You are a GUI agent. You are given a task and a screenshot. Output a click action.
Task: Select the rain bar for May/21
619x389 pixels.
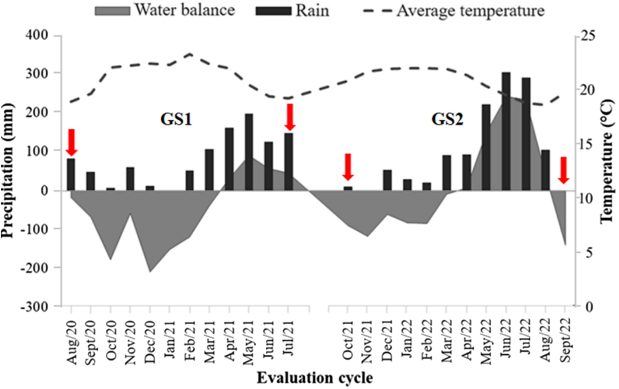click(249, 152)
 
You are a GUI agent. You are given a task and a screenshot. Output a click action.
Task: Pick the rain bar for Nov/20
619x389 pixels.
click(130, 179)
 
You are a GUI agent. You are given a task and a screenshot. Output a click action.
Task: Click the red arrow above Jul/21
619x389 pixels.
click(289, 117)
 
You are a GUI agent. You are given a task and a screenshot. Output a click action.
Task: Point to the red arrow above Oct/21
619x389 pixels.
click(348, 167)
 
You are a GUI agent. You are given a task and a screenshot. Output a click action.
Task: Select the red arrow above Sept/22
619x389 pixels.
click(563, 170)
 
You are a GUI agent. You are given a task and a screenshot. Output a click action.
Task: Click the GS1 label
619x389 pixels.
click(176, 119)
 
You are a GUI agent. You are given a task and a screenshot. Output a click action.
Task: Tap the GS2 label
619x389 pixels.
click(447, 119)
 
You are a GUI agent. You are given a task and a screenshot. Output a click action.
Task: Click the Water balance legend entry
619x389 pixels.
click(165, 10)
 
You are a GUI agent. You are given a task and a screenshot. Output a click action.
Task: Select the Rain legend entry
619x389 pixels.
click(292, 11)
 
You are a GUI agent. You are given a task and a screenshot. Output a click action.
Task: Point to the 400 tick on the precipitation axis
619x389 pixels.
click(37, 35)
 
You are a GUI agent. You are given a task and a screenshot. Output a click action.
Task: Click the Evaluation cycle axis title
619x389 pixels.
click(315, 378)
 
